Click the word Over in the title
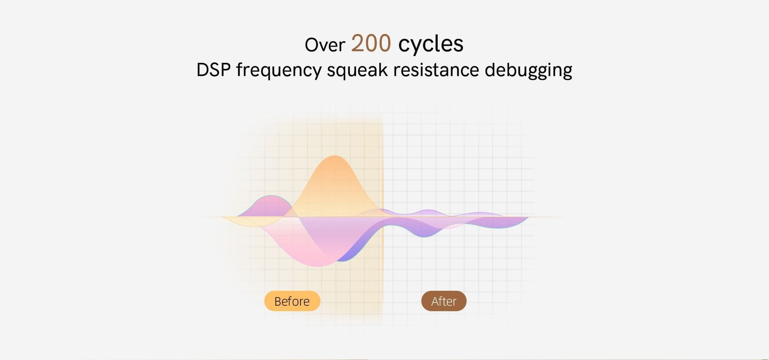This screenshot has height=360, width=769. coord(325,45)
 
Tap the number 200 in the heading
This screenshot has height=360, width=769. coord(371,43)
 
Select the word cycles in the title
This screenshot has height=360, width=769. coord(431,44)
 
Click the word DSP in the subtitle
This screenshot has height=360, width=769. coord(213,70)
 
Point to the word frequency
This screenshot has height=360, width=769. coord(279,70)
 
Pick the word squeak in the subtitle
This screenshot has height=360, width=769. coord(357,70)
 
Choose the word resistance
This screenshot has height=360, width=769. coord(436,70)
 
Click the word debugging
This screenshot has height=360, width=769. coord(528,70)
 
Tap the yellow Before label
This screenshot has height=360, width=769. coord(292,301)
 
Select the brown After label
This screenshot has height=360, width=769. coord(444,301)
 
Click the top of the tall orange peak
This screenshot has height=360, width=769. coord(334,156)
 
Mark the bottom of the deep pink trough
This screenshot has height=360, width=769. coord(318,266)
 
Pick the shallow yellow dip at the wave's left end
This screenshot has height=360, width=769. coord(252,223)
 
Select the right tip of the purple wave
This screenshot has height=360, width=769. coord(528,217)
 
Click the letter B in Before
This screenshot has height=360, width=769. coord(278,301)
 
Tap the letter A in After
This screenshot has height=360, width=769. coord(435,301)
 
